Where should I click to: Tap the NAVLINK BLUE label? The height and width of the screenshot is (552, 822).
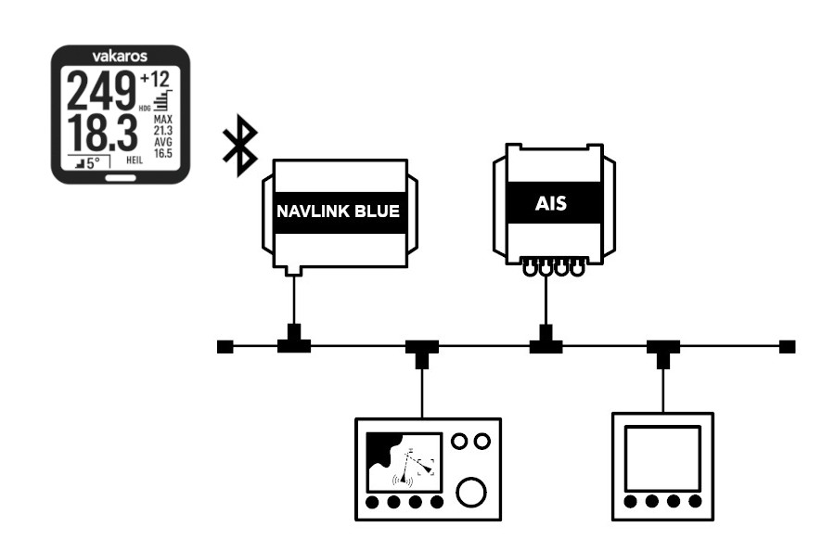[338, 212]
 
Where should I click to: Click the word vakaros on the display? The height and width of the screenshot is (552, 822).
[120, 56]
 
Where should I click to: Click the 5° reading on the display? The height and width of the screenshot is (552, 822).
[89, 163]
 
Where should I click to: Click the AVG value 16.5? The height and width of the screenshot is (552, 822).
[163, 153]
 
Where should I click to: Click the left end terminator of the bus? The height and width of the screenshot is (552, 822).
[224, 347]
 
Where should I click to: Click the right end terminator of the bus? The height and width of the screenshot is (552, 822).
[787, 347]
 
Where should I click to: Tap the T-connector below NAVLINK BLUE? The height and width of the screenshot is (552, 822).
[293, 343]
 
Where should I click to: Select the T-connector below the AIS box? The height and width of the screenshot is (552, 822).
[546, 343]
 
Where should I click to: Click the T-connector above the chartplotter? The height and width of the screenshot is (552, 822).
[422, 351]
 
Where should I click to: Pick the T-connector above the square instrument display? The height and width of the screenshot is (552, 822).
[663, 351]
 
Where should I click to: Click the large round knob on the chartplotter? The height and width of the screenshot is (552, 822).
[471, 493]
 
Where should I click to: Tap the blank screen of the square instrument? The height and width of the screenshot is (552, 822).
[661, 458]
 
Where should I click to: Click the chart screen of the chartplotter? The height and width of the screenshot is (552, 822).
[405, 461]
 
